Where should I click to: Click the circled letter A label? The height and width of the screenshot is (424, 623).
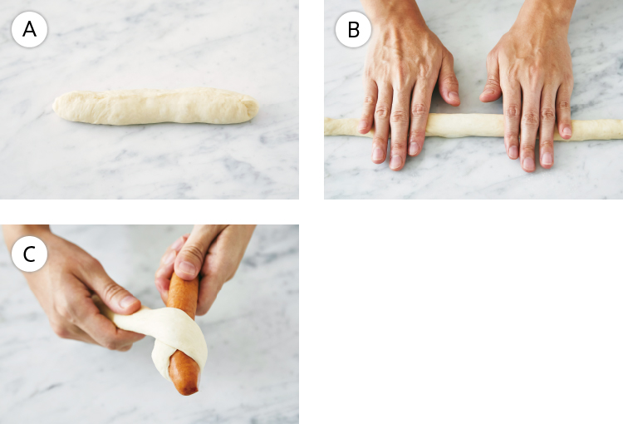click(x=29, y=29)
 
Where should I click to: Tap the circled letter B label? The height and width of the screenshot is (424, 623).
click(x=353, y=29)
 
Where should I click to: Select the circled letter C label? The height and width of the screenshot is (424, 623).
click(x=29, y=254)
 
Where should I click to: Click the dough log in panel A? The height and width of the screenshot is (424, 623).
click(x=156, y=106)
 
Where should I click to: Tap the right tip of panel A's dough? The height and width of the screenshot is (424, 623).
click(x=258, y=107)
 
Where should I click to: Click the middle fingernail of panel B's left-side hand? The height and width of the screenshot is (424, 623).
click(x=395, y=161)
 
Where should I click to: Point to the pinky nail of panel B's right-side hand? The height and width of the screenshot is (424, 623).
click(x=567, y=131)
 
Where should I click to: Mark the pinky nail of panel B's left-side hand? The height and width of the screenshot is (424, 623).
click(x=363, y=126)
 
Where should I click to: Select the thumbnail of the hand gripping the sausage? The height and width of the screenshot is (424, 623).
click(x=188, y=269)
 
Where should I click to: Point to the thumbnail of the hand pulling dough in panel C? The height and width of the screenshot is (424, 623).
click(x=128, y=302)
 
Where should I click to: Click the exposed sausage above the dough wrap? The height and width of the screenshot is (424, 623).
click(x=183, y=290)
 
